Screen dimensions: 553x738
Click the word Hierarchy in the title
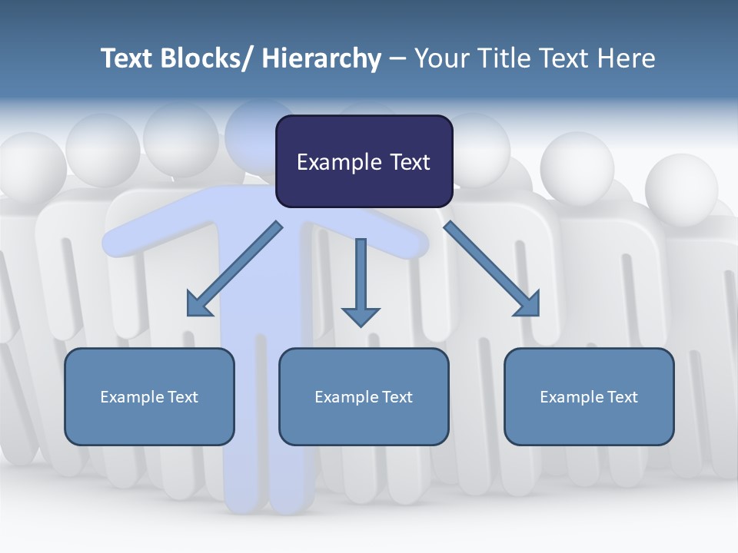(321, 58)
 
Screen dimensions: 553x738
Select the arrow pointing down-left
(234, 269)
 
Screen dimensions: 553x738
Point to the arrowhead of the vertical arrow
(361, 316)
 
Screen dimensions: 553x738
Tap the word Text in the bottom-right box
(621, 397)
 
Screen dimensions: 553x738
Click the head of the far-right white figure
(680, 188)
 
